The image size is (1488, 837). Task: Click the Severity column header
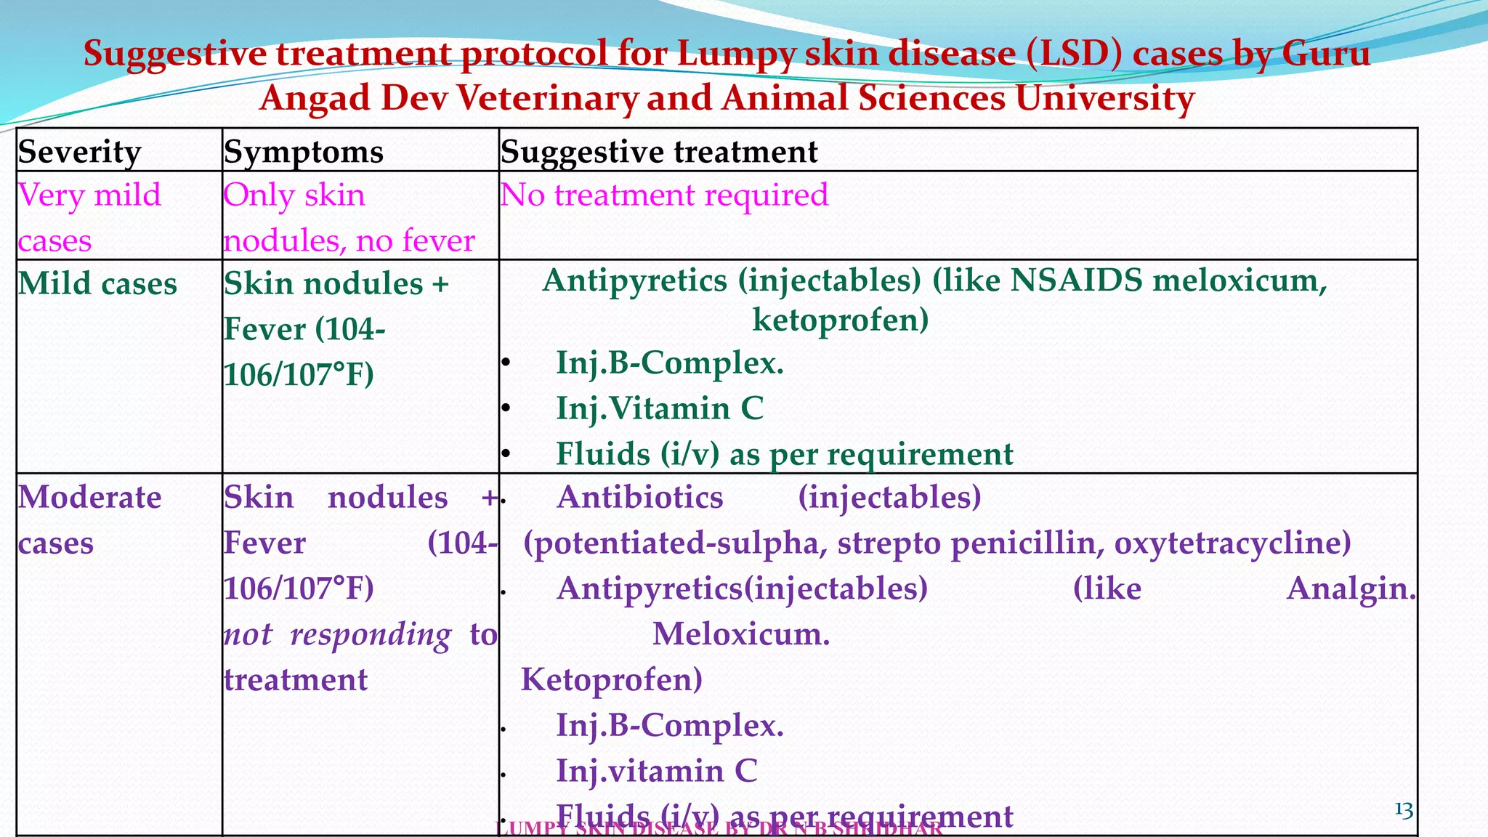pos(79,152)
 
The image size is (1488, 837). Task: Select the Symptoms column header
pos(303,152)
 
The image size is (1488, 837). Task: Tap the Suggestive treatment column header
pos(659,152)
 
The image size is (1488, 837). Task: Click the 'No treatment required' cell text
pos(664,195)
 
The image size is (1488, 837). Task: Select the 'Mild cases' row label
pos(97,283)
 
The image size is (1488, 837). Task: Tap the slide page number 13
pos(1403,810)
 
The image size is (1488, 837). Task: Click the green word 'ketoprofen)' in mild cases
pos(840,320)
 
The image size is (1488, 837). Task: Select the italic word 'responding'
pos(371,634)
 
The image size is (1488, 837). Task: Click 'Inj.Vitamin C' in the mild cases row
pos(660,408)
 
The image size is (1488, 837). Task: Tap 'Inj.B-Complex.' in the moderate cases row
pos(670,725)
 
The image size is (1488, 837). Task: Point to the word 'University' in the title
pos(1104,98)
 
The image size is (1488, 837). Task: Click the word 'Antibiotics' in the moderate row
pos(640,498)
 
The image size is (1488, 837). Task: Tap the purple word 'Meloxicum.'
pos(741,634)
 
